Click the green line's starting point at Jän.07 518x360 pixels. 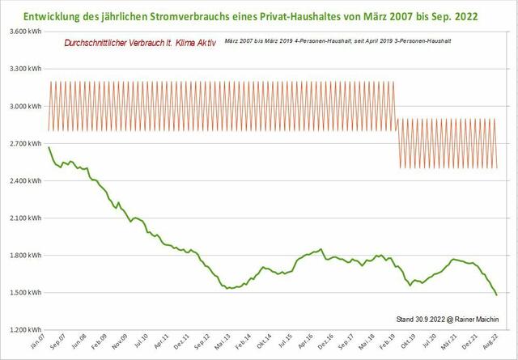pyautogui.click(x=49, y=147)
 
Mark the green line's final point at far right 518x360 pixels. pyautogui.click(x=497, y=295)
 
